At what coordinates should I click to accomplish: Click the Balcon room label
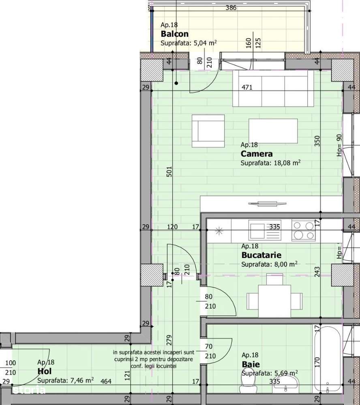[x=174, y=34]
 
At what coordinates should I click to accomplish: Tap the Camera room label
[x=256, y=154]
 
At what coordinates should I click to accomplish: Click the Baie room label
[x=251, y=364]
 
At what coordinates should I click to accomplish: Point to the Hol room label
[x=44, y=371]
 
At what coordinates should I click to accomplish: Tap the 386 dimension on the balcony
[x=231, y=7]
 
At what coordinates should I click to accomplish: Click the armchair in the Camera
[x=208, y=131]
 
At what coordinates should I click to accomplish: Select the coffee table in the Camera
[x=273, y=131]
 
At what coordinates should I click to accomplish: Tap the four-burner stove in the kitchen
[x=302, y=230]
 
